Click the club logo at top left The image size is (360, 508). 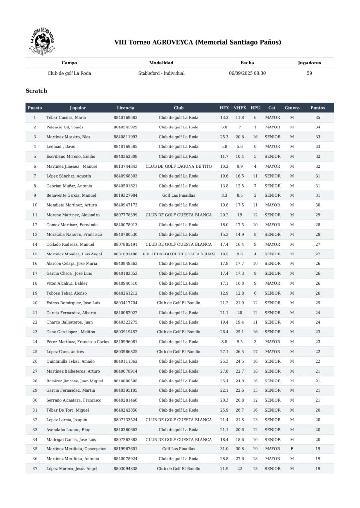(x=42, y=42)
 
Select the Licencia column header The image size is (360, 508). (x=125, y=108)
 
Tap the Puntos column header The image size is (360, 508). (x=318, y=108)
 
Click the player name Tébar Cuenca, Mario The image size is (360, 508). (x=67, y=118)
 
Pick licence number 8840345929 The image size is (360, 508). (x=125, y=127)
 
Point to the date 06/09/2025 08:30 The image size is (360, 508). (x=247, y=73)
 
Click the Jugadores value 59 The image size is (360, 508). (x=309, y=73)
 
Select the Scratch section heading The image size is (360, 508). (x=36, y=91)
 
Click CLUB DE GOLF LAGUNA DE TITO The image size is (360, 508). (x=179, y=166)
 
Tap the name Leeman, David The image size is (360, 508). (x=62, y=147)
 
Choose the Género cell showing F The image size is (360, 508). (x=292, y=449)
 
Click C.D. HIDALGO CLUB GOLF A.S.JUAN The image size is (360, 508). (x=179, y=254)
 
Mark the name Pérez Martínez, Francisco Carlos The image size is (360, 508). (x=78, y=342)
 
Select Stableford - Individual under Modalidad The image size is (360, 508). (x=161, y=73)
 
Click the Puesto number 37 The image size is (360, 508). (x=35, y=468)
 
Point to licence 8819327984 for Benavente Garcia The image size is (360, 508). (x=125, y=195)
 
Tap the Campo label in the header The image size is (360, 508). (x=69, y=63)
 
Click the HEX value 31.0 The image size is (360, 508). (x=224, y=449)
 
